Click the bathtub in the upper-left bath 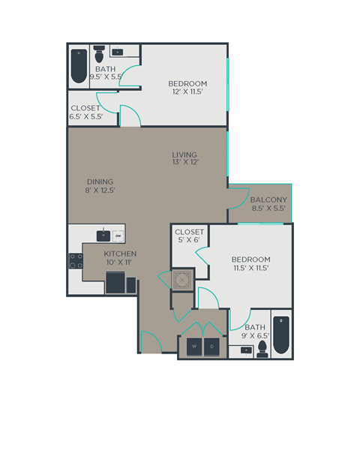coord(79,66)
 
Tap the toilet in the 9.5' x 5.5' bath coord(99,54)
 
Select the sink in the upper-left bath coord(118,53)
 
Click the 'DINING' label coord(99,181)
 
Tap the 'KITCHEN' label coord(120,254)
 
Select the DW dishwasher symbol coord(118,236)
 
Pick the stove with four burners coord(76,260)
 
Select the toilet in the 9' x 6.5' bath coord(262,348)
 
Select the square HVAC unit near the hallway coord(181,280)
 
